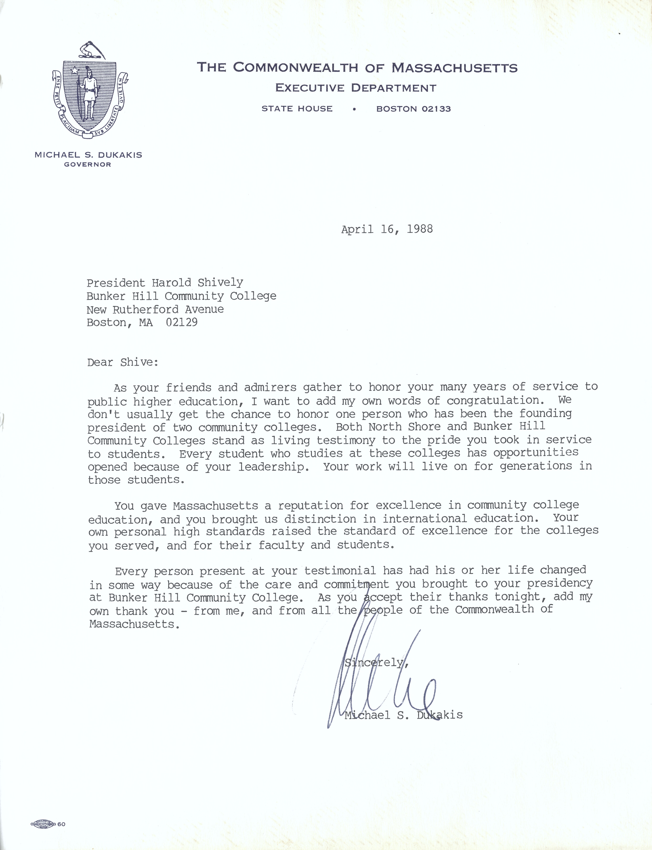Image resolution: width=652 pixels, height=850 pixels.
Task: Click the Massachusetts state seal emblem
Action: point(90,91)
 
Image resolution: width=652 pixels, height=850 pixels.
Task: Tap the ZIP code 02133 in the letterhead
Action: point(436,109)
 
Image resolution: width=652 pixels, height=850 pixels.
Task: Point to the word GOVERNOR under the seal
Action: point(88,164)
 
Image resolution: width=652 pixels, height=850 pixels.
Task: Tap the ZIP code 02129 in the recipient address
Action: point(182,322)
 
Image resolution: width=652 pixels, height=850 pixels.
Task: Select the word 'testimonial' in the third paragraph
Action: point(340,571)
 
